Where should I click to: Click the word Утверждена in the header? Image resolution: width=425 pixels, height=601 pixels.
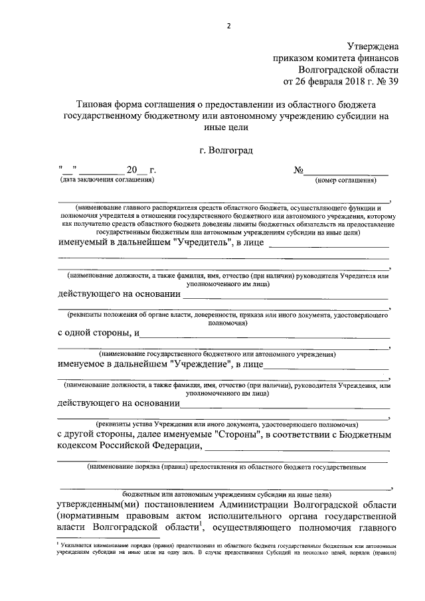coord(373,46)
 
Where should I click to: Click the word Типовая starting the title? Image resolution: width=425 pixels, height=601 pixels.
coord(95,105)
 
